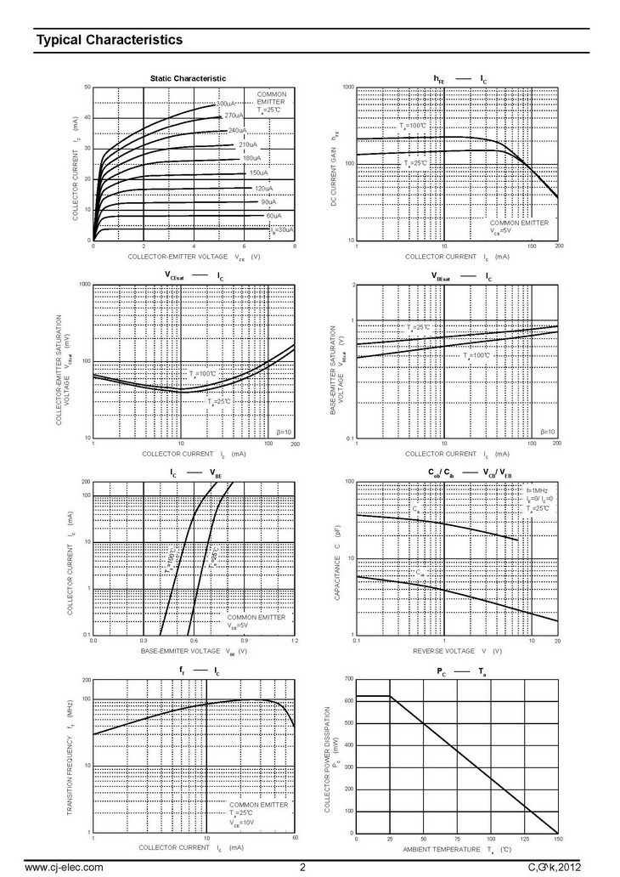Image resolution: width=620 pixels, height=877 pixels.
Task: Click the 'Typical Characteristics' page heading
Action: [109, 39]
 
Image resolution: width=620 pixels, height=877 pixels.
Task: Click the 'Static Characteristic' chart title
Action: [188, 78]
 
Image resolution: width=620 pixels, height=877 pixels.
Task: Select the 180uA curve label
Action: [251, 158]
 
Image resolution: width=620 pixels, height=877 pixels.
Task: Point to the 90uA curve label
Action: [268, 202]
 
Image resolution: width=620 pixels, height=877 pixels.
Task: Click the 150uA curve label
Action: [259, 173]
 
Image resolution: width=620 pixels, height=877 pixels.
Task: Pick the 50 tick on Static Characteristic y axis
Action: [87, 88]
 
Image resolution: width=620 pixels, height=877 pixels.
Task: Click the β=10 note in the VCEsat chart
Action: [283, 432]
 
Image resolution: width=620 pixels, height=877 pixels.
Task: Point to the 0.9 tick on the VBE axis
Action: [244, 641]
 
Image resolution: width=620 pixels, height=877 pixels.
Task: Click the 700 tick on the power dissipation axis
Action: [348, 679]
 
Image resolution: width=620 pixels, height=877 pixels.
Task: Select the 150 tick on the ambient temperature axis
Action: [557, 840]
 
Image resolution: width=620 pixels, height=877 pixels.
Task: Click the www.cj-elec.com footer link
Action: [65, 867]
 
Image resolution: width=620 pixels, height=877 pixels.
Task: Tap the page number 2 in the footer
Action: [302, 867]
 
